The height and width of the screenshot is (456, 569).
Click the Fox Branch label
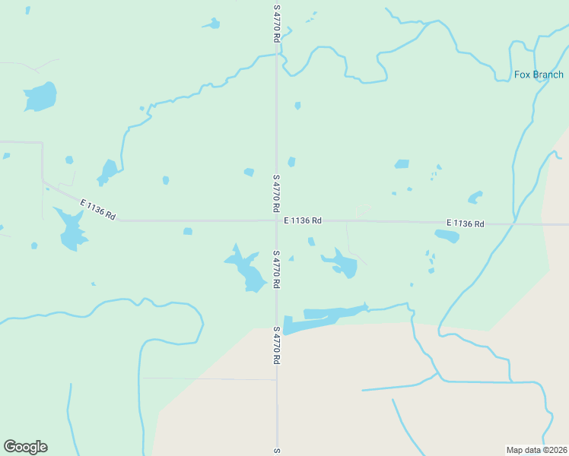tap(539, 74)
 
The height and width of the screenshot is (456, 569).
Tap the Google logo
tap(25, 447)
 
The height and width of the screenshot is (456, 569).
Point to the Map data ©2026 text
tap(536, 449)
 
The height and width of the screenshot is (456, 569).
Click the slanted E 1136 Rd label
tap(98, 209)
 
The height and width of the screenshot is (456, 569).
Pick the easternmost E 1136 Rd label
tap(465, 223)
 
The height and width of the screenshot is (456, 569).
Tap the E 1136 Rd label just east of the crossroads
tap(303, 220)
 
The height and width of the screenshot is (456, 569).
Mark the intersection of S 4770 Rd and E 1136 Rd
tap(276, 221)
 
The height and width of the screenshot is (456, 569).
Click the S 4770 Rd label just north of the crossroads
tap(277, 194)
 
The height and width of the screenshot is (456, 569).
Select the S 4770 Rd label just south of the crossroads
tap(277, 269)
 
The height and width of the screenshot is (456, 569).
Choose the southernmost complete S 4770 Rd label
tap(277, 345)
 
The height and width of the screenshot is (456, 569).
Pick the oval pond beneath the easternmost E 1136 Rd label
tap(447, 236)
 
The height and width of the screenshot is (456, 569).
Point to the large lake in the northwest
tap(41, 97)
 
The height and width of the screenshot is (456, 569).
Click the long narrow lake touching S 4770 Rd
tap(323, 318)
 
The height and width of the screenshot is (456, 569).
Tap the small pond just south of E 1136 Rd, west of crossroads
tap(188, 231)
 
